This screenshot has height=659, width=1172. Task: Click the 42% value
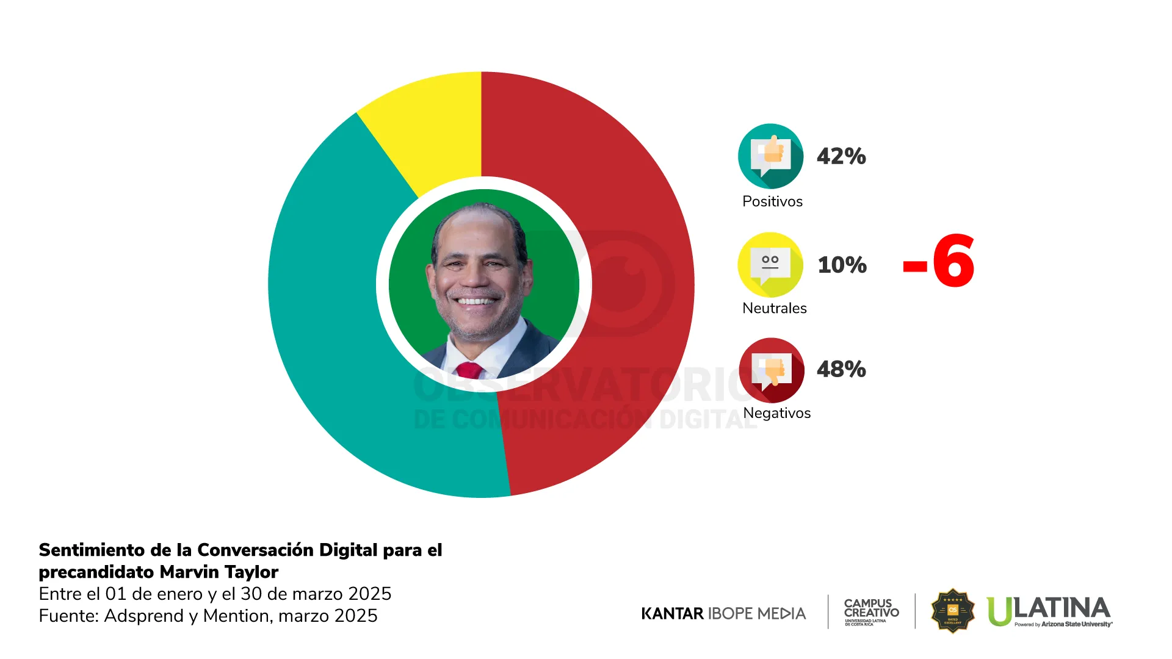[x=841, y=157]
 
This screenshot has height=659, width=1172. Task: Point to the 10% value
[x=842, y=265]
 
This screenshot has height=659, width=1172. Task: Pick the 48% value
[x=841, y=369]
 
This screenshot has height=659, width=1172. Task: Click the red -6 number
[x=939, y=262]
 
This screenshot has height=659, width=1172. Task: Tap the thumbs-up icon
[x=771, y=156]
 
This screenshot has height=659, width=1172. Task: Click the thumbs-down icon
[x=772, y=370]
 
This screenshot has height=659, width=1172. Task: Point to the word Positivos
[x=772, y=201]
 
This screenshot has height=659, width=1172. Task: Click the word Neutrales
[x=774, y=308]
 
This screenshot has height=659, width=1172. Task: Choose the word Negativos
[x=776, y=413]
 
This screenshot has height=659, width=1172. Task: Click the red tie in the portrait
[x=469, y=370]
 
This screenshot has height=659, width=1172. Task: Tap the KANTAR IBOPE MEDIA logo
[x=723, y=613]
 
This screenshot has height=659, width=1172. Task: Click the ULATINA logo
[x=1049, y=611]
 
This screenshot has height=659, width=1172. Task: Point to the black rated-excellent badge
[x=952, y=611]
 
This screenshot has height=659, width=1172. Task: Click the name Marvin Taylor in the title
[x=219, y=572]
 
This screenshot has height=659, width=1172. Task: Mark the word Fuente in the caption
[x=67, y=616]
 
